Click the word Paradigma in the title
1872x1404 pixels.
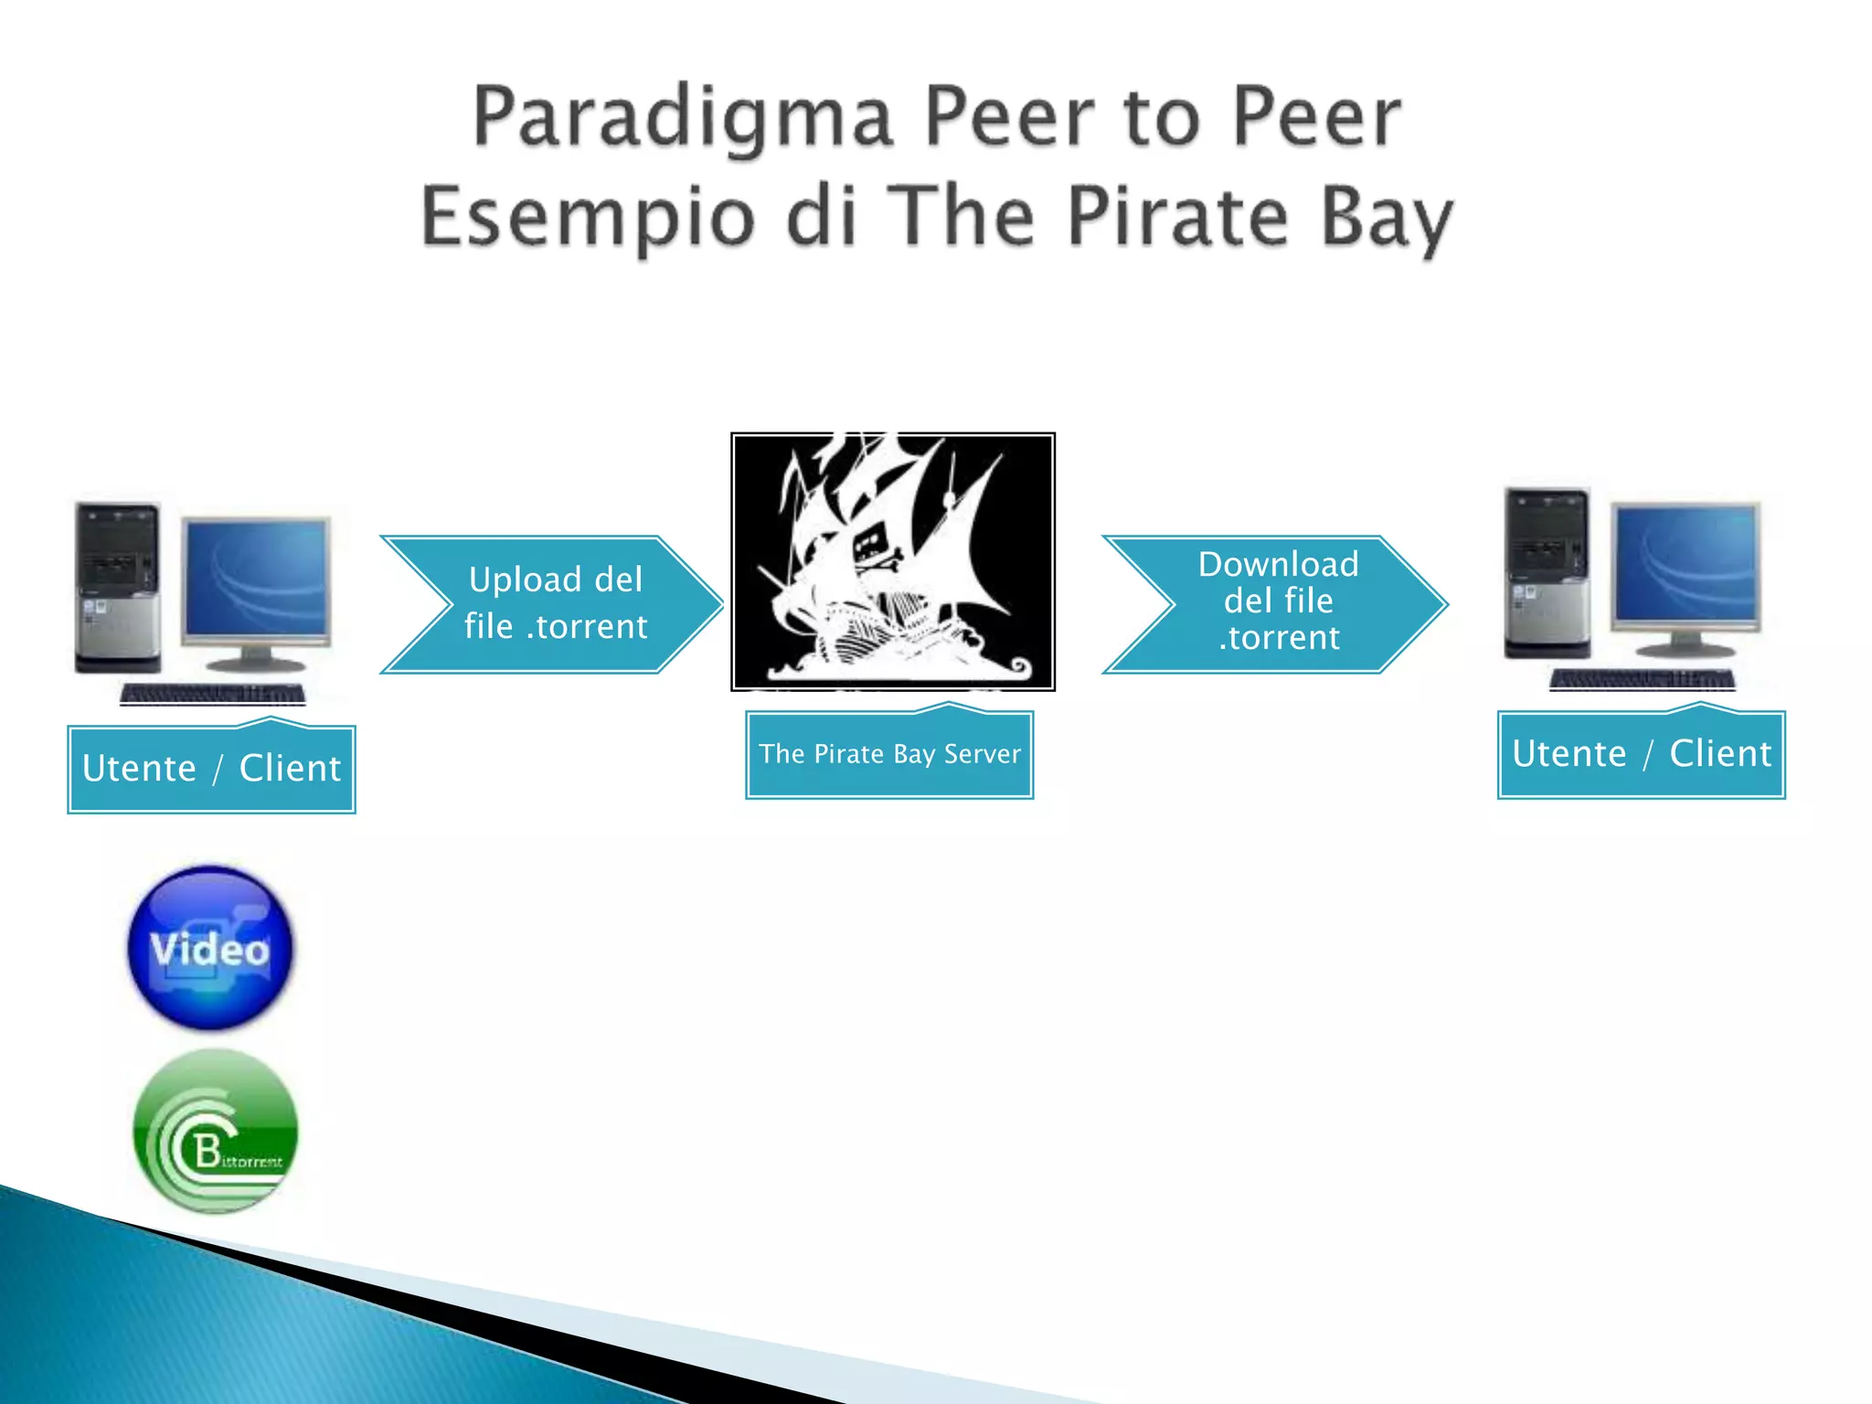click(x=681, y=119)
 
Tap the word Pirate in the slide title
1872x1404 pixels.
click(x=1177, y=218)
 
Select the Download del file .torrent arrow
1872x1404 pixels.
click(x=1276, y=604)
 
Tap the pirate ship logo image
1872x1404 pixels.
click(x=893, y=562)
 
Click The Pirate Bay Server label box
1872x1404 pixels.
click(x=889, y=754)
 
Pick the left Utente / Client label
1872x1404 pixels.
click(x=211, y=769)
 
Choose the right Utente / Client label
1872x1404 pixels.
click(x=1641, y=754)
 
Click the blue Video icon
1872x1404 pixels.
click(x=211, y=948)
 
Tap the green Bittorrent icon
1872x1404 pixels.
click(x=216, y=1131)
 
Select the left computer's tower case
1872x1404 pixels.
click(x=118, y=587)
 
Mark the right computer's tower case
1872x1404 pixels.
click(x=1548, y=573)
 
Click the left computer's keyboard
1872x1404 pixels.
click(x=213, y=695)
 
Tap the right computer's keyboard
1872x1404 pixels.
click(x=1642, y=680)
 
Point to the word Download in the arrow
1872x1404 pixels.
click(x=1278, y=565)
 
